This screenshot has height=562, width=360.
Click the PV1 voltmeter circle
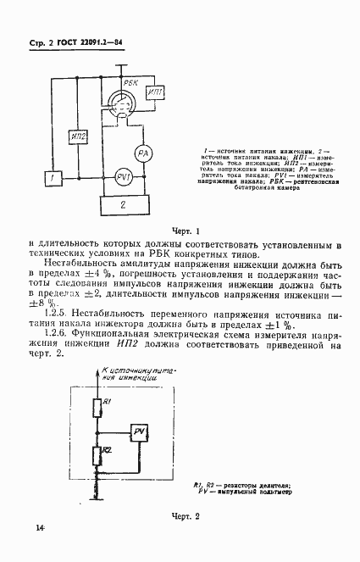[x=121, y=177]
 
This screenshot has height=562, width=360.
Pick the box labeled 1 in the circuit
[x=53, y=178]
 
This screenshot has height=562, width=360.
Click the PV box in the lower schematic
[x=140, y=433]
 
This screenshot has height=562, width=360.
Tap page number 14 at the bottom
[x=40, y=529]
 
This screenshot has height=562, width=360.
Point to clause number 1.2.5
[x=61, y=314]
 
